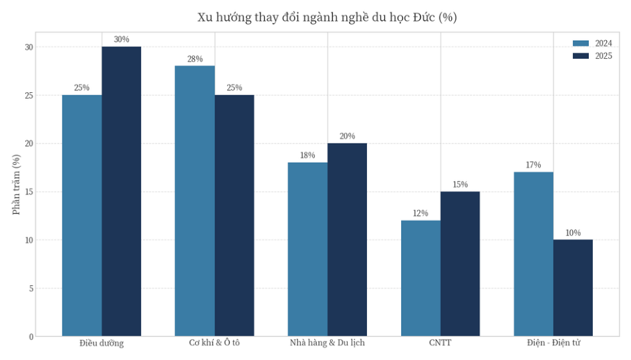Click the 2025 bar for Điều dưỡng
tap(121, 191)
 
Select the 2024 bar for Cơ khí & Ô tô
tap(195, 200)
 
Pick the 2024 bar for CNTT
tap(420, 278)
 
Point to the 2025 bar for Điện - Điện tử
tap(573, 287)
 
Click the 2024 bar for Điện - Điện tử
tap(533, 254)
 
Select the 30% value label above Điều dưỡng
tap(121, 39)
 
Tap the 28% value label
tap(195, 59)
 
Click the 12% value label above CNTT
tap(420, 213)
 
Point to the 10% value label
tap(573, 232)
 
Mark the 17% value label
tap(533, 165)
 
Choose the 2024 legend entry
tap(593, 43)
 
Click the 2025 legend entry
tap(593, 56)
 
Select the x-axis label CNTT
tap(440, 343)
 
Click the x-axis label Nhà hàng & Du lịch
tap(327, 343)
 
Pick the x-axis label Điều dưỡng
tap(102, 343)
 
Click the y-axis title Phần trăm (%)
tap(16, 184)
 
